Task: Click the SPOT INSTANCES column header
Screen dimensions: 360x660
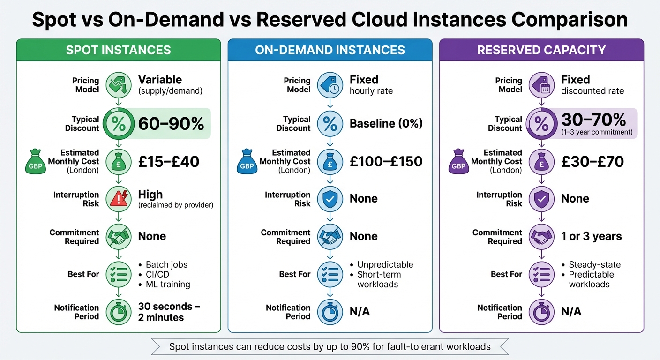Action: pos(118,50)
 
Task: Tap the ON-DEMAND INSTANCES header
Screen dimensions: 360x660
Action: pos(330,50)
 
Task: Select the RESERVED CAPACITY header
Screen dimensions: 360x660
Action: pos(541,50)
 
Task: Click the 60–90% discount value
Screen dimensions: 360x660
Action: pos(171,124)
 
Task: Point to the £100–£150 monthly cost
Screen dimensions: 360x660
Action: pos(386,162)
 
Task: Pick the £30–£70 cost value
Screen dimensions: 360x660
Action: pos(592,162)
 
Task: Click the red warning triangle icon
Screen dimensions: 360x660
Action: pos(119,199)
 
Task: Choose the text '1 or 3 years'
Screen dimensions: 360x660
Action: pos(592,236)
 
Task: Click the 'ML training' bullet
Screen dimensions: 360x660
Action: pos(168,284)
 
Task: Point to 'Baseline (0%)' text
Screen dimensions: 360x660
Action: pos(386,124)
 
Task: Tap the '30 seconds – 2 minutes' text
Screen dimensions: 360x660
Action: pos(169,312)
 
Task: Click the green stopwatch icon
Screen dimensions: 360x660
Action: pos(119,312)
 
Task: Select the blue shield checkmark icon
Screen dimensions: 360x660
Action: pos(330,199)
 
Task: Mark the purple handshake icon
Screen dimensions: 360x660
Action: pos(541,237)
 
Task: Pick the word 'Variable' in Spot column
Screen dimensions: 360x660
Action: pos(160,80)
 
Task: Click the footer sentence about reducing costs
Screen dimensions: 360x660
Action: pos(330,347)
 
